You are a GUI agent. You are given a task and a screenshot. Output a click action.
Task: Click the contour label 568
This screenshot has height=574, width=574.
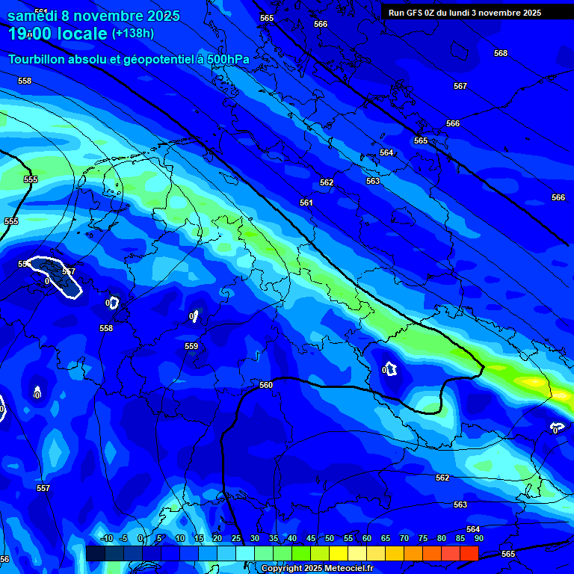tap(501, 53)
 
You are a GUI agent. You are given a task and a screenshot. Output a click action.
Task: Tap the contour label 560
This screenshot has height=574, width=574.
tap(266, 385)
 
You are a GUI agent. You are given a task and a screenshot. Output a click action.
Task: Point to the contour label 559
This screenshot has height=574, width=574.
tap(191, 346)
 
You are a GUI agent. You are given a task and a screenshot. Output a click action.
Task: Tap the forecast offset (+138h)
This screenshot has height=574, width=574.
tap(133, 34)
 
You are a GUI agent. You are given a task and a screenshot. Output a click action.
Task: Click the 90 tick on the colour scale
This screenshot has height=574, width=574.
tap(478, 538)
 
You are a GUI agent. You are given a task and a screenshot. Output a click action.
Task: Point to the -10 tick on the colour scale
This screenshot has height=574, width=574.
tap(105, 538)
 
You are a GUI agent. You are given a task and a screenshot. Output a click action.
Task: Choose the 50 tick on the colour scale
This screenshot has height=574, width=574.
tap(330, 538)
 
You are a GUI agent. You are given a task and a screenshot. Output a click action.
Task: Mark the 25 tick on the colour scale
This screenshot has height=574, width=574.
tap(236, 538)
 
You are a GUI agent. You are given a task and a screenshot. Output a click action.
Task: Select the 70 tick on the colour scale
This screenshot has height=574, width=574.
tap(404, 538)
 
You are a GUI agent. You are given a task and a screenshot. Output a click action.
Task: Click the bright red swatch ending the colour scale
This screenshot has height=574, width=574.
tap(469, 553)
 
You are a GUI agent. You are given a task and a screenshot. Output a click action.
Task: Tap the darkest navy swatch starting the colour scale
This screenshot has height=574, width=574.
tap(95, 553)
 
